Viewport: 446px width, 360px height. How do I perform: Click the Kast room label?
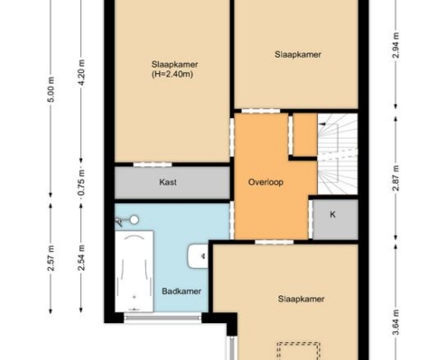pos(168,182)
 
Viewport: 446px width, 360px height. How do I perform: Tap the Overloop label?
pos(266,182)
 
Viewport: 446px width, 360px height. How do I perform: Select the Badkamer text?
pos(181,291)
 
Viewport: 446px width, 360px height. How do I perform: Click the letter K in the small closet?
pos(332,214)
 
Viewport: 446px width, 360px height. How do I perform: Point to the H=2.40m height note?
pos(172,74)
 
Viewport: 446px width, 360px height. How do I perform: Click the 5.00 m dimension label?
pos(51,89)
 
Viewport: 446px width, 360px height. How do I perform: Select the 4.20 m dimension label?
pos(82,73)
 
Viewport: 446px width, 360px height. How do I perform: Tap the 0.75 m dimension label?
pos(82,183)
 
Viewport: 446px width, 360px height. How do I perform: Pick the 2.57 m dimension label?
pos(51,258)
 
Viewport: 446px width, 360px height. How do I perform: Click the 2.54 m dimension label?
pos(82,258)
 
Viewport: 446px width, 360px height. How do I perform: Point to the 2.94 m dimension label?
pos(396,45)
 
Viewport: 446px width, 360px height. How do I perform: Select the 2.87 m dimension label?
pos(396,178)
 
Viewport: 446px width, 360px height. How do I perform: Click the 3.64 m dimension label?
pos(396,322)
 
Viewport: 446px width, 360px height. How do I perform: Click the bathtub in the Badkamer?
pos(134,271)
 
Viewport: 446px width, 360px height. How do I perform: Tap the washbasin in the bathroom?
pos(198,256)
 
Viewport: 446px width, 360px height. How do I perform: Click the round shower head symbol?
pos(134,220)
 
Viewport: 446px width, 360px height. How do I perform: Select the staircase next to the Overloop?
pos(338,154)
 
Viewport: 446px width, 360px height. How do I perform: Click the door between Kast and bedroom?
pos(152,165)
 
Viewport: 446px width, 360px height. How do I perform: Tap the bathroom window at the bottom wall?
pos(163,317)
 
